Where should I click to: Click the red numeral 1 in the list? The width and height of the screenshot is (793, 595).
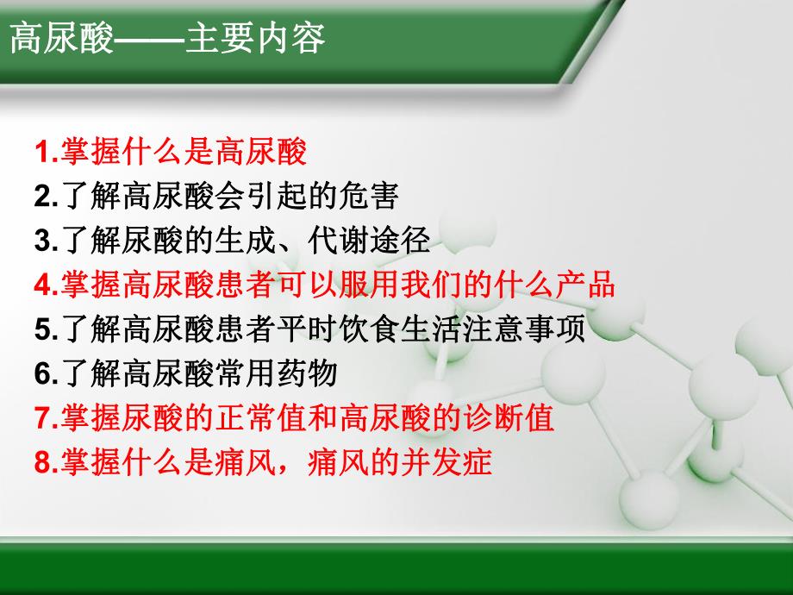[42, 153]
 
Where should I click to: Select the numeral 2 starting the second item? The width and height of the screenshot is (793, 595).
[42, 197]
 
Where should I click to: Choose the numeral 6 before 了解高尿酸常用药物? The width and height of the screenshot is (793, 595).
[42, 374]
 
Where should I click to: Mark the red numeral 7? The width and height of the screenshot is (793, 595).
[42, 419]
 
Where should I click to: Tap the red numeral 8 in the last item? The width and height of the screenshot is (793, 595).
[42, 463]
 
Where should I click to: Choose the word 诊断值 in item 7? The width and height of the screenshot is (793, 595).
[522, 419]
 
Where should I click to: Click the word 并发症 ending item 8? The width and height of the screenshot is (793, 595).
[461, 463]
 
